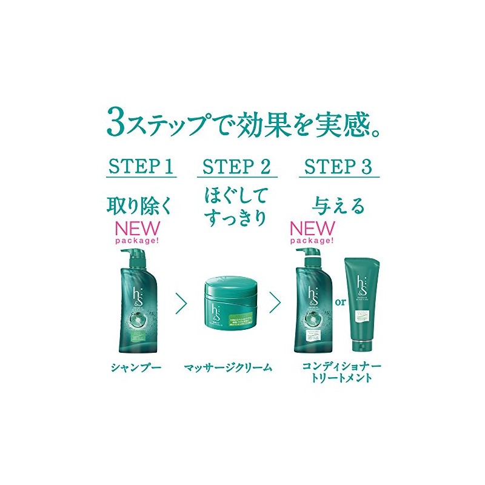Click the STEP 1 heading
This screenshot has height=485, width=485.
[141, 167]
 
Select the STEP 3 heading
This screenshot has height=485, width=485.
[338, 167]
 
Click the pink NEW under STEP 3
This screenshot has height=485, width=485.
[312, 229]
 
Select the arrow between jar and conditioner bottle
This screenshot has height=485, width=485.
[275, 302]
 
